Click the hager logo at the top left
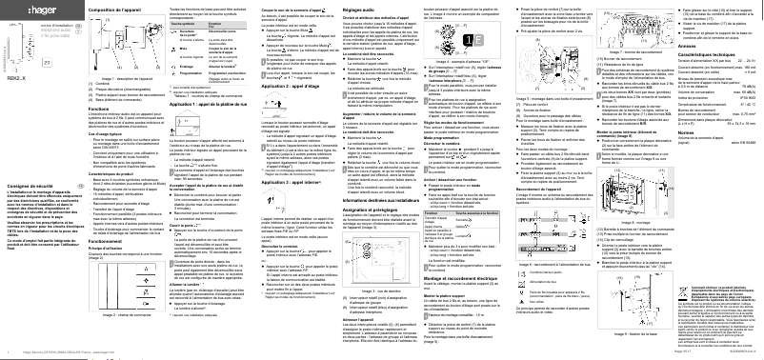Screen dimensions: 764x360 click(19, 11)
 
